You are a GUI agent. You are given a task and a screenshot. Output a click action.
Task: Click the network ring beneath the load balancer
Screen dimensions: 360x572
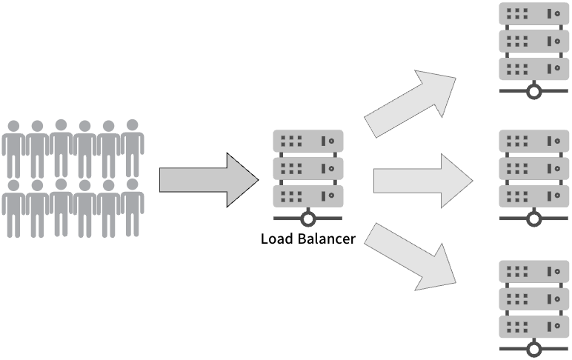[x=307, y=219]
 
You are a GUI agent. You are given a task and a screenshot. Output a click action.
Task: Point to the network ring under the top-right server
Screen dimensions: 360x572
[x=533, y=92]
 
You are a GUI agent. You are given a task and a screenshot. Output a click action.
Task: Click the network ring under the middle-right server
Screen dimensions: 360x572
[x=533, y=219]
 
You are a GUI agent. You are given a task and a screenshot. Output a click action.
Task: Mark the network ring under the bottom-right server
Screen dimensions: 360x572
[x=533, y=349]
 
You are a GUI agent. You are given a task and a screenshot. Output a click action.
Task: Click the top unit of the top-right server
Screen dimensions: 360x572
[x=533, y=14]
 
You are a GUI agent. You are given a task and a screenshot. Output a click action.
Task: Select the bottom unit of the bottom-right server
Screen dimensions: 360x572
[x=533, y=327]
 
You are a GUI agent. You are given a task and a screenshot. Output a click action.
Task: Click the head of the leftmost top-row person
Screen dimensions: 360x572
[x=13, y=126]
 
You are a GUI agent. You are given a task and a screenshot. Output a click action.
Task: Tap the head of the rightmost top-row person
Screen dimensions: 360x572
[x=133, y=125]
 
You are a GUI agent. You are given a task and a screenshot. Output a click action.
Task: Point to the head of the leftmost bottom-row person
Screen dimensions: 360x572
[x=13, y=184]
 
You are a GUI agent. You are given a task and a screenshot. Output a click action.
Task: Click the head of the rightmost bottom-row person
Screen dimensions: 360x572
[x=133, y=184]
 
